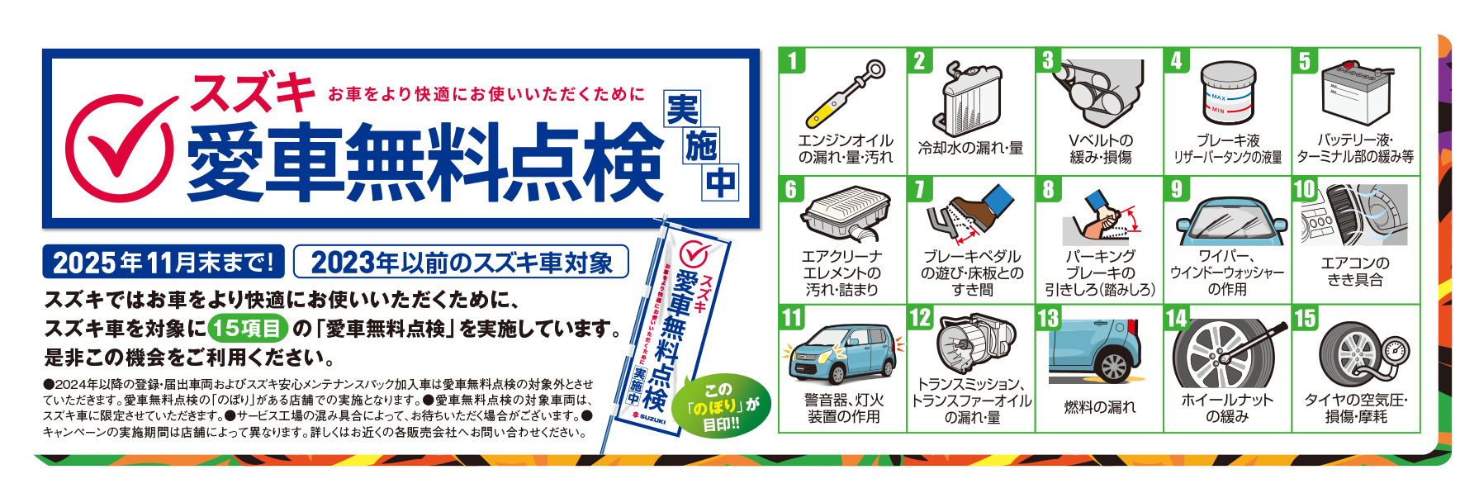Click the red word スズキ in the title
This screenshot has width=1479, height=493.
tap(253, 92)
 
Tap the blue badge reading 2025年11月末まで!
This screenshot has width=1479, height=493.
tap(164, 262)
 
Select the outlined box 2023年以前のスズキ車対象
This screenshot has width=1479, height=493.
tap(461, 262)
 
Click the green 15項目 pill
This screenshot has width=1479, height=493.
tap(248, 328)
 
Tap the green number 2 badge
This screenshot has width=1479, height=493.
tap(920, 60)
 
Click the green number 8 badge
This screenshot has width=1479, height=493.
tap(1049, 189)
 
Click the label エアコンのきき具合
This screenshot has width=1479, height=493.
tap(1356, 272)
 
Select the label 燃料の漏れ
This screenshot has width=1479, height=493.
tap(1100, 407)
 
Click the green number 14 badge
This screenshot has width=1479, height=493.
tap(1177, 318)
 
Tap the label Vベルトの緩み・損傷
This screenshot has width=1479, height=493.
tap(1101, 149)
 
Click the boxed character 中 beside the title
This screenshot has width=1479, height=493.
tap(720, 183)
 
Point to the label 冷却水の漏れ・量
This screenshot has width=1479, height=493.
tap(970, 149)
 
